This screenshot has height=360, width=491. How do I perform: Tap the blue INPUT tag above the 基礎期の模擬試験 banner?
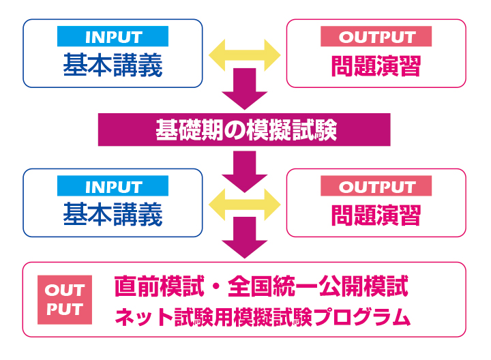[x=113, y=36]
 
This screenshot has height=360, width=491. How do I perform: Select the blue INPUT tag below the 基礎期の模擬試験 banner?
[x=113, y=186]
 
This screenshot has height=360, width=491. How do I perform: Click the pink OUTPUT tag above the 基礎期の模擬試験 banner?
[x=376, y=36]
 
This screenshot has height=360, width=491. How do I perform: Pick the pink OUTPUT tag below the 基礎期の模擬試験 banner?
[x=376, y=186]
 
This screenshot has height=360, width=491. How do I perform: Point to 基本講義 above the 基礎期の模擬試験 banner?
[x=113, y=65]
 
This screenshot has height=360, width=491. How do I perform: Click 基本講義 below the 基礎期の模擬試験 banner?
[x=113, y=215]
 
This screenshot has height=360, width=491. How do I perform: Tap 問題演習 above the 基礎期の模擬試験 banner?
[x=376, y=65]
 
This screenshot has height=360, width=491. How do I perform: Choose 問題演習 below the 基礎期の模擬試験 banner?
[x=376, y=215]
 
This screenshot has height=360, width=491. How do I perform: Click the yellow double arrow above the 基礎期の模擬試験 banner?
[x=245, y=53]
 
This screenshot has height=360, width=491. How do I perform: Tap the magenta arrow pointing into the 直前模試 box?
[x=245, y=239]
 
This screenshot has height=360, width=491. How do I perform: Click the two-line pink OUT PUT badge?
[x=64, y=301]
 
